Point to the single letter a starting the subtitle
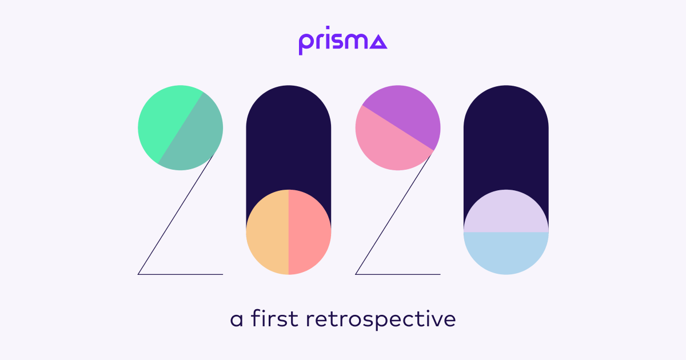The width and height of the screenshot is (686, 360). (237, 320)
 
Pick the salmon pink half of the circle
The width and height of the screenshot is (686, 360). (310, 232)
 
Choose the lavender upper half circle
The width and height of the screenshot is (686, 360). (506, 214)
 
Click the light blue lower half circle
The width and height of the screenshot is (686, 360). (506, 251)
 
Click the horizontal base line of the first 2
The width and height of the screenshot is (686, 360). (180, 274)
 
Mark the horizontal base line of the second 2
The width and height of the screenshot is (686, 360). (398, 274)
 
